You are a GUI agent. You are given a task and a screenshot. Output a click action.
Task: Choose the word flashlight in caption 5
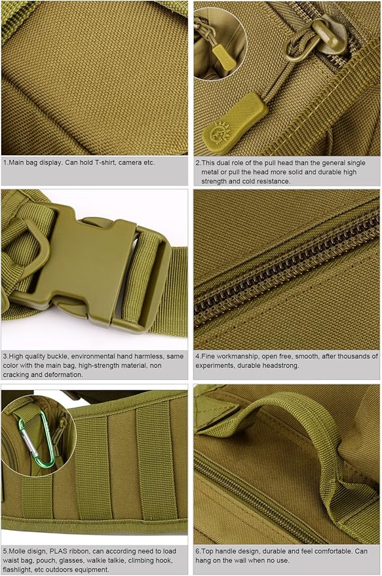click(20, 569)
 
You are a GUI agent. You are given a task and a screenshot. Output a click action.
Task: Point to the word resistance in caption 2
click(271, 181)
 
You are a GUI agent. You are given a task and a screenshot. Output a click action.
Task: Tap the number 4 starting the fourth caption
click(198, 356)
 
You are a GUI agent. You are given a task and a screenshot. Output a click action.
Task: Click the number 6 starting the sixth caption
click(198, 551)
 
